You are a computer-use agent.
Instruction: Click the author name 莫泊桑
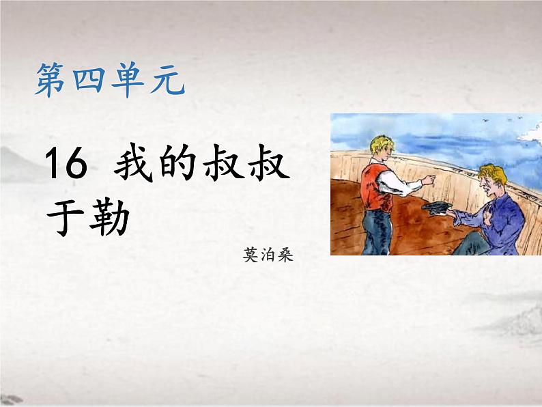[x=262, y=257]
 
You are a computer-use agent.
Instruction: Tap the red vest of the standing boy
[x=373, y=185]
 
